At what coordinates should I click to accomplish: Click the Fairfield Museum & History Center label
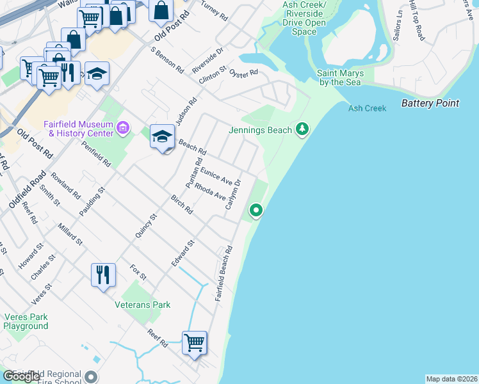point(77,129)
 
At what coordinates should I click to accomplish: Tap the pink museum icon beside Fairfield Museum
point(124,129)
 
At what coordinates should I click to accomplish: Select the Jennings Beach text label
point(260,130)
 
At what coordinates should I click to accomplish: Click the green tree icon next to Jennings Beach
point(302,130)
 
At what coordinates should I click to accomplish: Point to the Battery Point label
point(430,103)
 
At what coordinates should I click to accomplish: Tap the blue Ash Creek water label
point(367,108)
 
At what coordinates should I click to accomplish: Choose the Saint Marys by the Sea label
point(341,77)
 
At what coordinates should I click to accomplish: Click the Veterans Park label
point(143,305)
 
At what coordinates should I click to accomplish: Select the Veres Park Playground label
point(26,321)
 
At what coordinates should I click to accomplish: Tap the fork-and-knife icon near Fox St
point(103,275)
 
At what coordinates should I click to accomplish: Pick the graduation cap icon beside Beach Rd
point(163,136)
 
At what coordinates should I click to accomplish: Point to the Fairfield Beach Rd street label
point(223,275)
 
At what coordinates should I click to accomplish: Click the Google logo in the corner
point(22,376)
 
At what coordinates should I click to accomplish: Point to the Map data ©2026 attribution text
point(451,378)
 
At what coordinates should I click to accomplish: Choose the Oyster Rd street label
point(243,72)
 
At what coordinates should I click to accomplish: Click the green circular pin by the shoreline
point(256,209)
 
